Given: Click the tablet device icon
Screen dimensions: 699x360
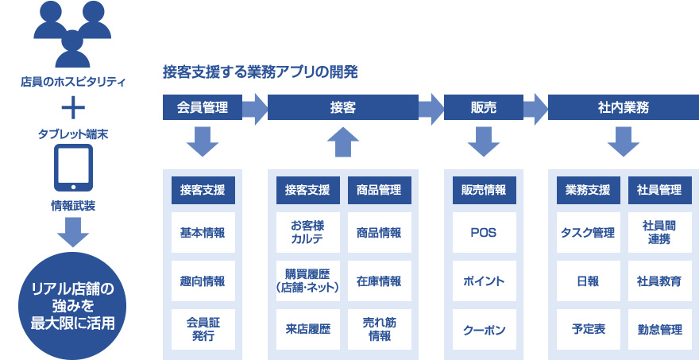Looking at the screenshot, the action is pos(73,168).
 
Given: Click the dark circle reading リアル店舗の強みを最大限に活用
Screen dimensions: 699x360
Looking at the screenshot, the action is pos(72,307).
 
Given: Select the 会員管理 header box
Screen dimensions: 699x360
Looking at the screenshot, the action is pos(203,107).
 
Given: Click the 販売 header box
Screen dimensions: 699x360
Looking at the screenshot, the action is pos(484,107).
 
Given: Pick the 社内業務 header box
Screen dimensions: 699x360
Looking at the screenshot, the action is pos(624,107).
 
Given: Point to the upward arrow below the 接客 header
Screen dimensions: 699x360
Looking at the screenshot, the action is pos(343,142).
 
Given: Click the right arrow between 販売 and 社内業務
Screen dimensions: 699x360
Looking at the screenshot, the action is pos(535,107).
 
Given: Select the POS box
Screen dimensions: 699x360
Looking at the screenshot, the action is pos(484,232).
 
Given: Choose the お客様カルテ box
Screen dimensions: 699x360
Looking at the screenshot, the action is pos(308,232).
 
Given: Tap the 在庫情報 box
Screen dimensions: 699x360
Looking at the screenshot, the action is pos(380,281).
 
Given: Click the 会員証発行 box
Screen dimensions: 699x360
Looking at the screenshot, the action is pos(203,329).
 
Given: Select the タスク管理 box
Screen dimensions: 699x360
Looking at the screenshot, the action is pos(589,232).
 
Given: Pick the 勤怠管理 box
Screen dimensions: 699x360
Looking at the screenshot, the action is pos(660,329).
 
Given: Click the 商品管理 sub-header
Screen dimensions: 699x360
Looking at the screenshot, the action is pos(380,191).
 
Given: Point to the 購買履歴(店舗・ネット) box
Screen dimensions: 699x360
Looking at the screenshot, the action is pos(308,281).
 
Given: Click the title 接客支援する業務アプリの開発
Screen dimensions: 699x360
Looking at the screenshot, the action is pos(261,72).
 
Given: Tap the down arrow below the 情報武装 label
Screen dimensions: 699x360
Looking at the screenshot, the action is pos(73,232).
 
